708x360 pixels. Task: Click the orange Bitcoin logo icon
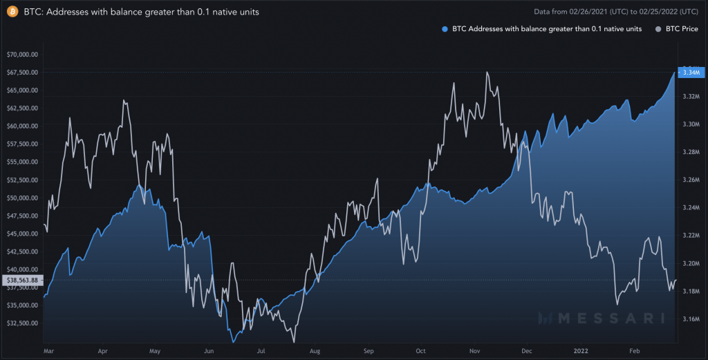pyautogui.click(x=12, y=12)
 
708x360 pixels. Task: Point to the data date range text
pyautogui.click(x=616, y=12)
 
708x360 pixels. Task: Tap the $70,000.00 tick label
pyautogui.click(x=22, y=54)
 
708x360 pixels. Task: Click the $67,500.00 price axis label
pyautogui.click(x=22, y=72)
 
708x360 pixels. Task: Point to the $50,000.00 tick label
pyautogui.click(x=22, y=198)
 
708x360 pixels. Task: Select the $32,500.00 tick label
pyautogui.click(x=22, y=323)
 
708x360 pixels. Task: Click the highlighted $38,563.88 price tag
pyautogui.click(x=22, y=280)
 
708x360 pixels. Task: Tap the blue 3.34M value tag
pyautogui.click(x=691, y=73)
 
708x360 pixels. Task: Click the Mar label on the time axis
pyautogui.click(x=48, y=351)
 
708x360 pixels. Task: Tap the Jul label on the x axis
pyautogui.click(x=261, y=351)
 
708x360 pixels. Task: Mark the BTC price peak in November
pyautogui.click(x=488, y=72)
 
